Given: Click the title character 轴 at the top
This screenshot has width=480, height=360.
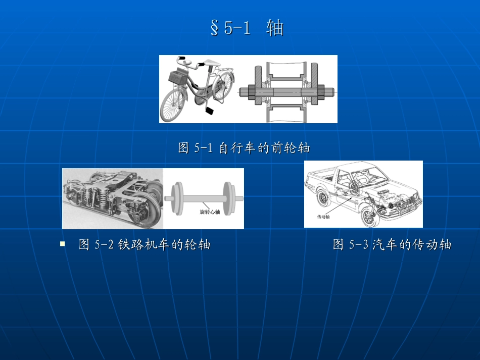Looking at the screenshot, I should pos(275,29).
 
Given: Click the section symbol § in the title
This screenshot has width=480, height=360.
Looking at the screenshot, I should pos(214,29).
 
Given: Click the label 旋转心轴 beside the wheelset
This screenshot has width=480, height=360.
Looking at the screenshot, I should pos(210,213).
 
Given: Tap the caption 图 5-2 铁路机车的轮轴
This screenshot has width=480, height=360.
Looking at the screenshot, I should pos(145,245).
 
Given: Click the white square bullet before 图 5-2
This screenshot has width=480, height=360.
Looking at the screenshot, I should pos(63,244).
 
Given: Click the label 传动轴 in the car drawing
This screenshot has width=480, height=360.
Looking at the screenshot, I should pos(323,217).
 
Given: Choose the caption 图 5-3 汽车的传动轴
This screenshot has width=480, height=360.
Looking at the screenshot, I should pos(392,245).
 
